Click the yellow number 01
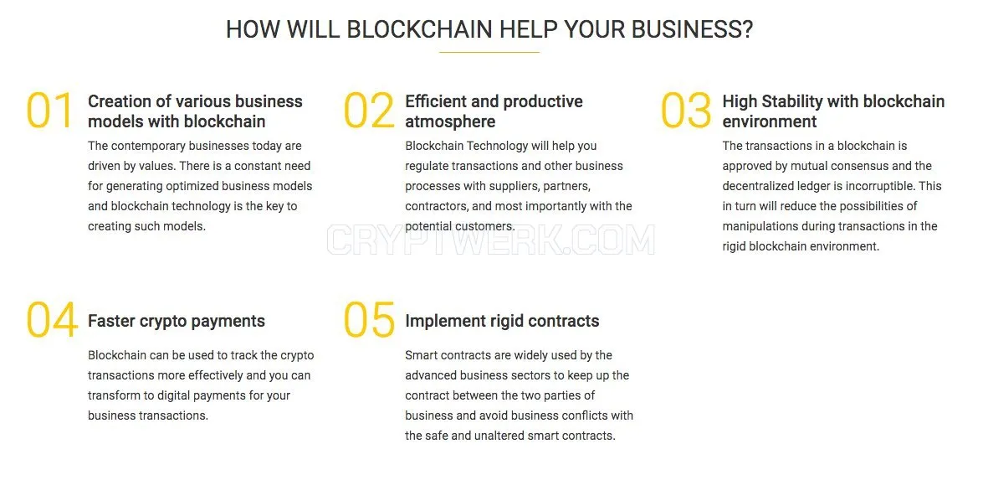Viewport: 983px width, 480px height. [49, 111]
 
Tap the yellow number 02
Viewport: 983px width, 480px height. [369, 111]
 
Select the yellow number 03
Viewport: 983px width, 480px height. [687, 111]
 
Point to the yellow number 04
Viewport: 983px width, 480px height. [52, 320]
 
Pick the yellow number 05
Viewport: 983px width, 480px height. [369, 320]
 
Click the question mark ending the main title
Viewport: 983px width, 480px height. [746, 29]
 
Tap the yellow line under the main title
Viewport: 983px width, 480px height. [489, 52]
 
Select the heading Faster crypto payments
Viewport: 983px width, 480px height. [177, 321]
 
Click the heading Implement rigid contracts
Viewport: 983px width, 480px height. [502, 321]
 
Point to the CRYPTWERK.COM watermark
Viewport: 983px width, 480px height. [491, 240]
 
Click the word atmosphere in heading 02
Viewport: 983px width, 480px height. [450, 121]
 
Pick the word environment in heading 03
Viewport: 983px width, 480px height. [770, 121]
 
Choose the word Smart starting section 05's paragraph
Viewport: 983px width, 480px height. [420, 355]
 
